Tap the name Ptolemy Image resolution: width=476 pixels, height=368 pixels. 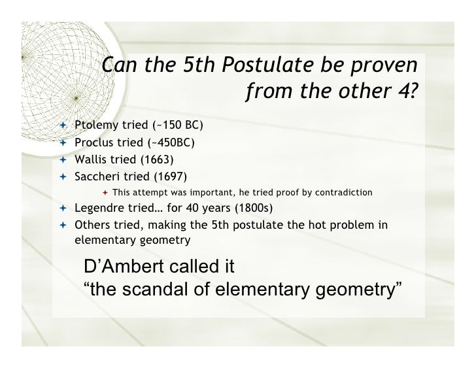[94, 125]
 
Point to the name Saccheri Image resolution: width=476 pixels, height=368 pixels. [97, 176]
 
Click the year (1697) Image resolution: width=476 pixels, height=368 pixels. [169, 176]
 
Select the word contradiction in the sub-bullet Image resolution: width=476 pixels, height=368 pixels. [338, 192]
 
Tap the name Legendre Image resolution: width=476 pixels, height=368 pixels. [100, 209]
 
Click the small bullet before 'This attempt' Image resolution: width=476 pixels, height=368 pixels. [105, 192]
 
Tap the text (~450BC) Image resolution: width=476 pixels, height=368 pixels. [171, 142]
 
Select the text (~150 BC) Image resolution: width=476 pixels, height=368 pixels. [177, 125]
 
